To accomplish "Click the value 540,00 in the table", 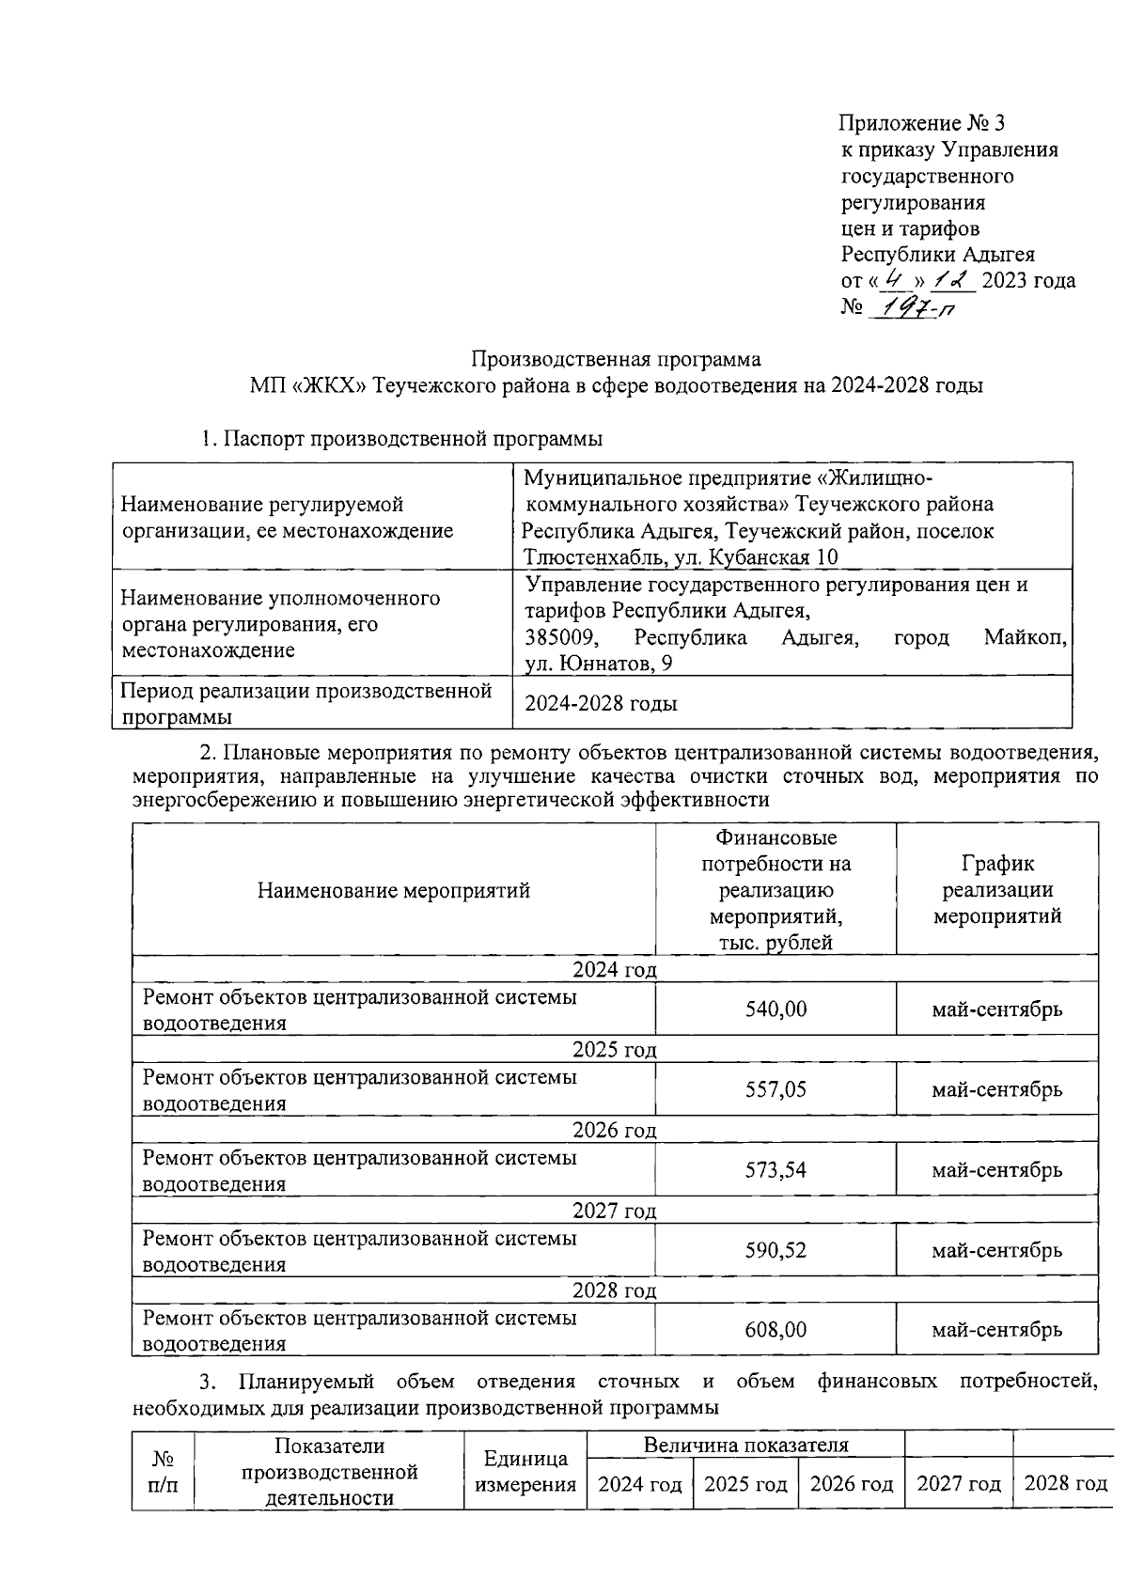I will pyautogui.click(x=775, y=1009).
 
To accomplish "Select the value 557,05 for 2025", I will pyautogui.click(x=775, y=1089).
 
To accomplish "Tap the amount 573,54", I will pyautogui.click(x=775, y=1170).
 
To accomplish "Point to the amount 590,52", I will pyautogui.click(x=775, y=1250).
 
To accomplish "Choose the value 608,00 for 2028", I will pyautogui.click(x=775, y=1330).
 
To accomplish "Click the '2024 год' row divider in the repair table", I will pyautogui.click(x=615, y=969).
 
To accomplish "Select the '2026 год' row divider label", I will pyautogui.click(x=615, y=1130).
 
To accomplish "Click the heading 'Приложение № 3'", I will pyautogui.click(x=922, y=123).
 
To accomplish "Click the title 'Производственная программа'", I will pyautogui.click(x=616, y=359).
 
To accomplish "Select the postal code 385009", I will pyautogui.click(x=559, y=638).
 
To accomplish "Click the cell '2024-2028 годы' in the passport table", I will pyautogui.click(x=601, y=703).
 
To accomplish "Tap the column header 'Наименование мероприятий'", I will pyautogui.click(x=394, y=890).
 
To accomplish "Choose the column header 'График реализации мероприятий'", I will pyautogui.click(x=996, y=889).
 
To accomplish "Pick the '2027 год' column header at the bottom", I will pyautogui.click(x=959, y=1484).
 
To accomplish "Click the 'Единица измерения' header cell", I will pyautogui.click(x=525, y=1472).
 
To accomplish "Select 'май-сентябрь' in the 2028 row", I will pyautogui.click(x=996, y=1330).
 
